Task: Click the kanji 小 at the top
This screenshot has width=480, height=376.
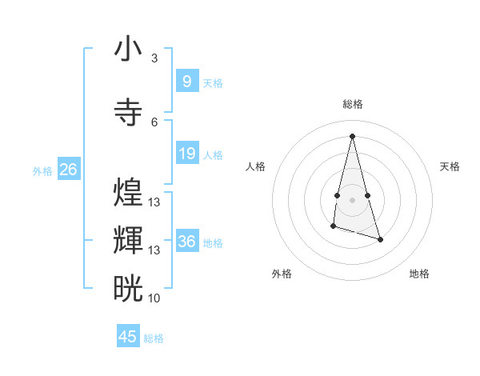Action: [x=128, y=49]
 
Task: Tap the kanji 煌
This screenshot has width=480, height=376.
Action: [x=128, y=193]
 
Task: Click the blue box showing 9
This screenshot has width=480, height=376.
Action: [x=186, y=81]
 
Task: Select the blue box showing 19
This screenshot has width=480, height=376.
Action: [x=186, y=153]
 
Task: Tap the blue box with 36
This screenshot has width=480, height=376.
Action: [x=186, y=241]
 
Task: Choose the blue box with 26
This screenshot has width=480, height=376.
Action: [x=68, y=169]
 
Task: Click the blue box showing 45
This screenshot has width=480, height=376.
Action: [x=128, y=337]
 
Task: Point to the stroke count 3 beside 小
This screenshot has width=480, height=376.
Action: [x=154, y=58]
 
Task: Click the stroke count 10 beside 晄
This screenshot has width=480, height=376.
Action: [x=154, y=298]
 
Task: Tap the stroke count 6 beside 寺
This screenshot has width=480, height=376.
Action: [x=154, y=122]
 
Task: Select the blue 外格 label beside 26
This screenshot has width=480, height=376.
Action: [x=42, y=170]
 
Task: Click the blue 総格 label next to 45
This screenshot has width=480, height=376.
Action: [x=154, y=338]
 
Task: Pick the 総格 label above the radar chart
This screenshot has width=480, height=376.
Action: [x=352, y=104]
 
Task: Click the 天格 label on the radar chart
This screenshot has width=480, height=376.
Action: [x=450, y=166]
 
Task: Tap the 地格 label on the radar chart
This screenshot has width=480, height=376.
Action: [x=419, y=274]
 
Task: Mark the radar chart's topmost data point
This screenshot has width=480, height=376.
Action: [x=352, y=135]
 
